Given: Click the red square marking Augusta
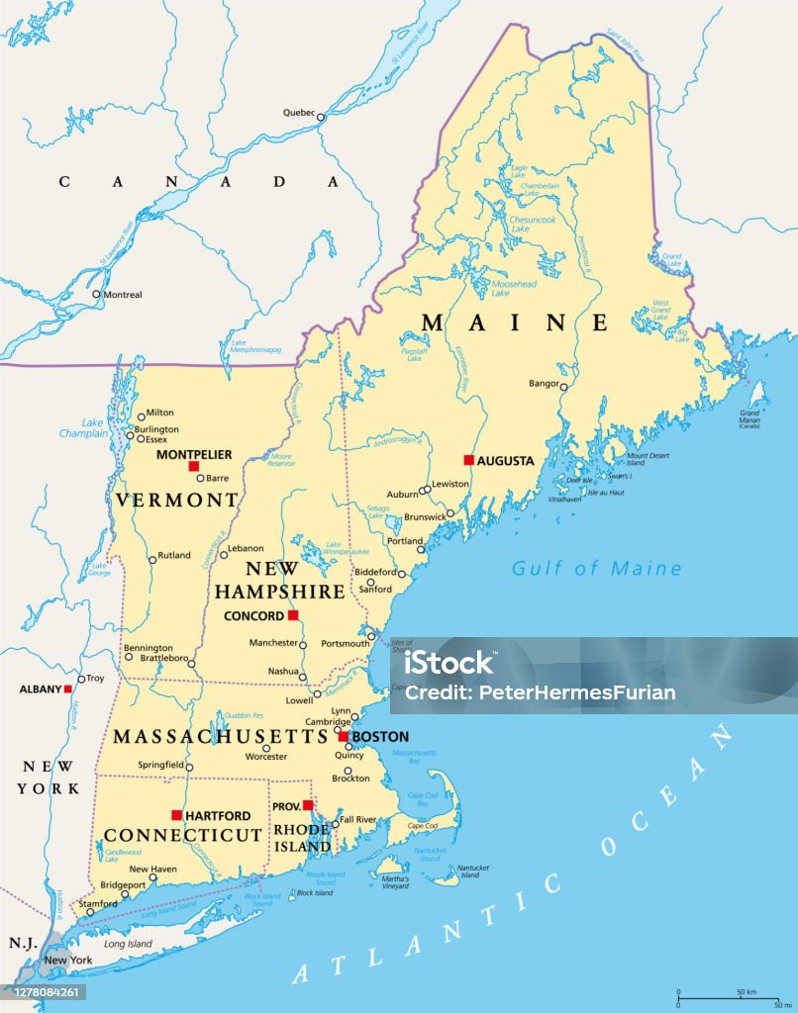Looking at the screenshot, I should tap(468, 460).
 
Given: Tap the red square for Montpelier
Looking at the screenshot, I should tap(194, 466).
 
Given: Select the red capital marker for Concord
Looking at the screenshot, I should tap(292, 615).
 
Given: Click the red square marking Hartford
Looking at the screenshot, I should tap(176, 815).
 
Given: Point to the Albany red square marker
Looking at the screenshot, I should tap(68, 689).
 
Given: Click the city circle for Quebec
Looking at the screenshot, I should tap(320, 117).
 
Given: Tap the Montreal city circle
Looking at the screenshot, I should tap(96, 294).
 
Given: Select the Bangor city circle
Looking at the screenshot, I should tap(563, 387).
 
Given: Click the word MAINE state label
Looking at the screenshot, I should tap(514, 322).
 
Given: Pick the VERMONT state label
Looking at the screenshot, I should tap(176, 500).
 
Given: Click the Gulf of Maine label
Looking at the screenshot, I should tap(596, 568).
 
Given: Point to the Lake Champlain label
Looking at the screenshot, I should tap(82, 427).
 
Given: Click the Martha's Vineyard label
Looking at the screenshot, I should tap(395, 881).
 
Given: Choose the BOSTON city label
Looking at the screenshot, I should tap(380, 737).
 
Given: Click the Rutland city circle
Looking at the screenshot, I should tap(152, 559).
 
